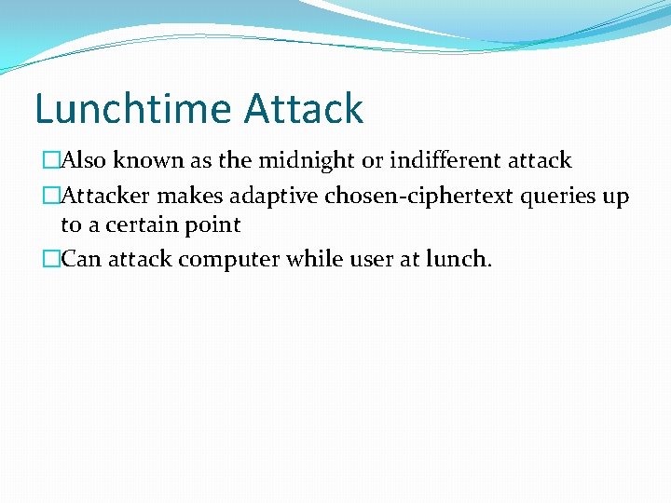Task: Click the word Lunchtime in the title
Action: coord(133,109)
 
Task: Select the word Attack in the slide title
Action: coord(304,109)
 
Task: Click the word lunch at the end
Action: coord(458,258)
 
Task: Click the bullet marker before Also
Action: coord(51,160)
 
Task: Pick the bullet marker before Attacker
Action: coord(51,197)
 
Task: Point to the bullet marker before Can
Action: coord(51,258)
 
